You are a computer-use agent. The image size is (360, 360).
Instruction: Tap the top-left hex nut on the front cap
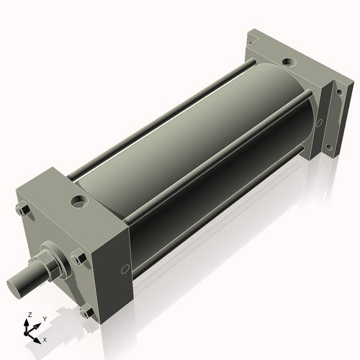coord(22,210)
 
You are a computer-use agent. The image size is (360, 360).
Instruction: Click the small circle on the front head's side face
coord(126,269)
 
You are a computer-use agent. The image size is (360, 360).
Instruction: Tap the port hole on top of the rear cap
coord(287,63)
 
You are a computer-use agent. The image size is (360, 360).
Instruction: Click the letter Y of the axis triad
coord(44,318)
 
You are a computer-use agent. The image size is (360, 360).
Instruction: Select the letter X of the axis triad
coord(45,338)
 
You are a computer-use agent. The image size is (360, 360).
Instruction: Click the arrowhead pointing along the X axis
coord(37,336)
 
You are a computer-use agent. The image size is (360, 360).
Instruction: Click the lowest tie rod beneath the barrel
coord(216,230)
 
